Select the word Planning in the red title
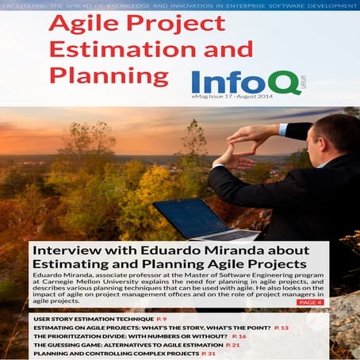[109, 77]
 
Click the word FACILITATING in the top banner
[24, 6]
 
